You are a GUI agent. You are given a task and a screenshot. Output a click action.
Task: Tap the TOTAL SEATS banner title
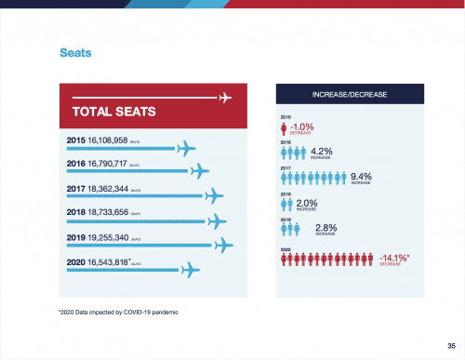(113, 113)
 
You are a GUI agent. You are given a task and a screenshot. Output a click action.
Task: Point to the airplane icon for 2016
(201, 170)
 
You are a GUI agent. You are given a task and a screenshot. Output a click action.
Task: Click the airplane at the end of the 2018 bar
(218, 220)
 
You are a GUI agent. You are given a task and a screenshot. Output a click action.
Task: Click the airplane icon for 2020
(192, 270)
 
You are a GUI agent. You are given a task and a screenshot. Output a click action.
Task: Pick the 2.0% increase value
(309, 202)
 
